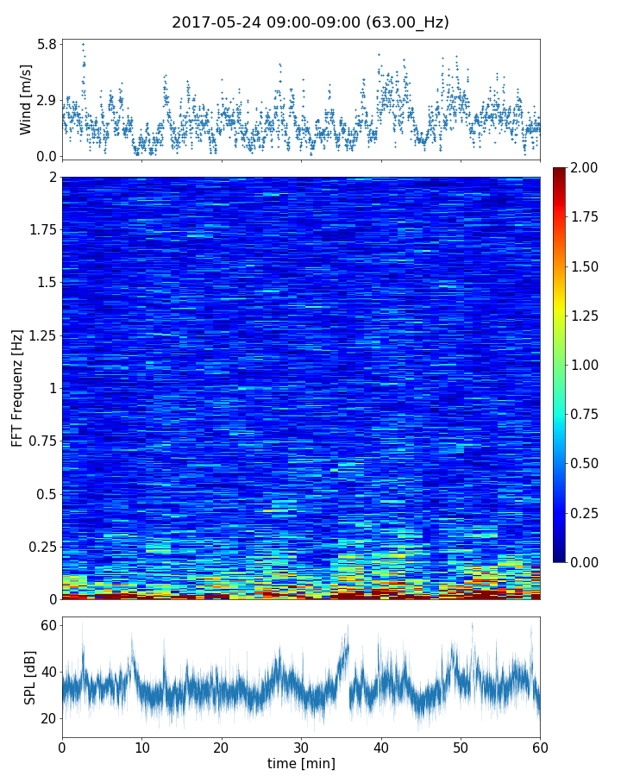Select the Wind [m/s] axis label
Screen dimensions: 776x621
pos(26,99)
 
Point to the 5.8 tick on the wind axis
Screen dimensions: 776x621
pos(46,44)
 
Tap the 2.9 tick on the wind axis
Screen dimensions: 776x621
pos(46,100)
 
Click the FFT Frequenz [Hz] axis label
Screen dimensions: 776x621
pos(17,388)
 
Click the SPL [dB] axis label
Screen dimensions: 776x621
pos(30,677)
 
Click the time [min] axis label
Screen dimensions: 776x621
pos(301,764)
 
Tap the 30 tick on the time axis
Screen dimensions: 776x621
pos(301,747)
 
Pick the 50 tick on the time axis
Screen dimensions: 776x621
pos(461,747)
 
